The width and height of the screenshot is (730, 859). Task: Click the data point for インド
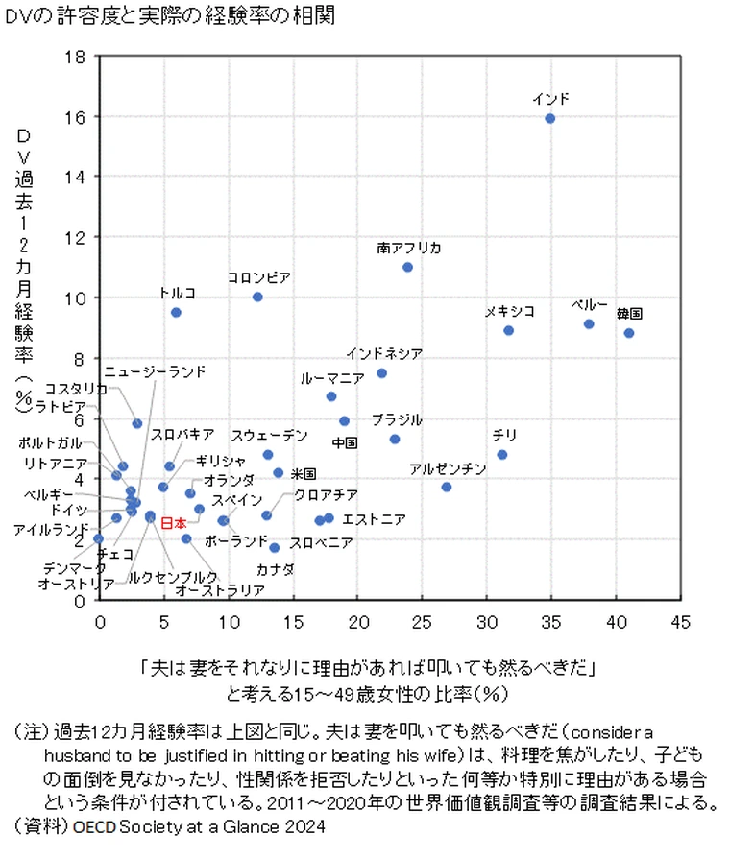[550, 118]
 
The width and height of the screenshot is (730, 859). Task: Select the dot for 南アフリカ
[407, 267]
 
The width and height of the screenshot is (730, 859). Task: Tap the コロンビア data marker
[257, 297]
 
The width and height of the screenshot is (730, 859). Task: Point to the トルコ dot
[176, 312]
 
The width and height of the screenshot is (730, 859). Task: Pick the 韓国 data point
[629, 333]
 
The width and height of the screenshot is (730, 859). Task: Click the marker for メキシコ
[509, 330]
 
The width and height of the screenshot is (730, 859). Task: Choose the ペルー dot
[589, 323]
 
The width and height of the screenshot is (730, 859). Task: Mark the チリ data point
[502, 454]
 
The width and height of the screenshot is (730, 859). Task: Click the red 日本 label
[173, 523]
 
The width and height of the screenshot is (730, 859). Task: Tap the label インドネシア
[384, 353]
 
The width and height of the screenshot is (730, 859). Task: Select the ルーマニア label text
[332, 378]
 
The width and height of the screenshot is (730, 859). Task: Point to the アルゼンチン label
[448, 469]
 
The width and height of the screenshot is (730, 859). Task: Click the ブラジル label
[397, 419]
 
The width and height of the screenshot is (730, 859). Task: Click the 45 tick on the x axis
[680, 621]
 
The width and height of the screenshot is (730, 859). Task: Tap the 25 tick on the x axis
[422, 621]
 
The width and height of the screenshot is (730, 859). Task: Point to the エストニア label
[374, 519]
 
